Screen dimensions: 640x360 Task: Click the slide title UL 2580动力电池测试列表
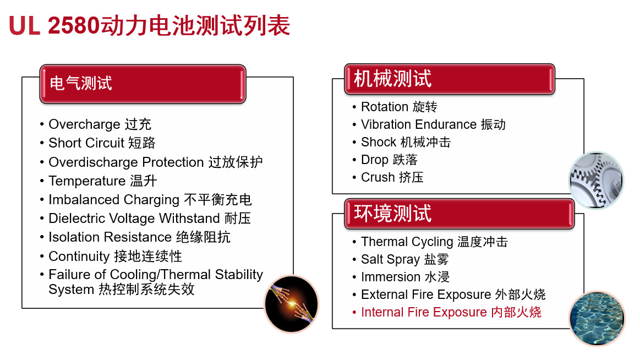[x=149, y=25]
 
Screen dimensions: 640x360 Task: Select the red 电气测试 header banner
[x=143, y=84]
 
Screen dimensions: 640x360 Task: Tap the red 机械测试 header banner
[x=450, y=79]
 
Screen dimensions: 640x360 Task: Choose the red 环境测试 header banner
[x=459, y=214]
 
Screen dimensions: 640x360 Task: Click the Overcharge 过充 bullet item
[x=100, y=124]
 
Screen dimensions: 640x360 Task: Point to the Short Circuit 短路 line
[x=102, y=143]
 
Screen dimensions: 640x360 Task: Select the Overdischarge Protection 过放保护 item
[x=156, y=162]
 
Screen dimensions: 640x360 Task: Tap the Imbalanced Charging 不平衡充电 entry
[x=150, y=200]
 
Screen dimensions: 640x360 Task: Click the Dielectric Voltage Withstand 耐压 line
[x=150, y=219]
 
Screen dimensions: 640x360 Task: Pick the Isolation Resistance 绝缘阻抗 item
[x=140, y=237]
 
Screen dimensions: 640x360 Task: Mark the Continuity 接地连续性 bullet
[x=116, y=257]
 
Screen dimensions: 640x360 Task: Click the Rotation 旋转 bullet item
[x=399, y=107]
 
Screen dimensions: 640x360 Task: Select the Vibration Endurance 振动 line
[x=434, y=124]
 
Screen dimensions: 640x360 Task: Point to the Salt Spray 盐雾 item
[x=405, y=259]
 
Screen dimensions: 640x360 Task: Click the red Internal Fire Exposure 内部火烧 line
[x=451, y=312]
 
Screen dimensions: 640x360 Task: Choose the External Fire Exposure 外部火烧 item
[x=453, y=294]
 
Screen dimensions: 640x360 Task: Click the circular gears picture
[x=597, y=181]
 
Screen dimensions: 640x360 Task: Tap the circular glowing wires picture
[x=292, y=304]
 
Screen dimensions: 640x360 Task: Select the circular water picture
[x=597, y=318]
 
